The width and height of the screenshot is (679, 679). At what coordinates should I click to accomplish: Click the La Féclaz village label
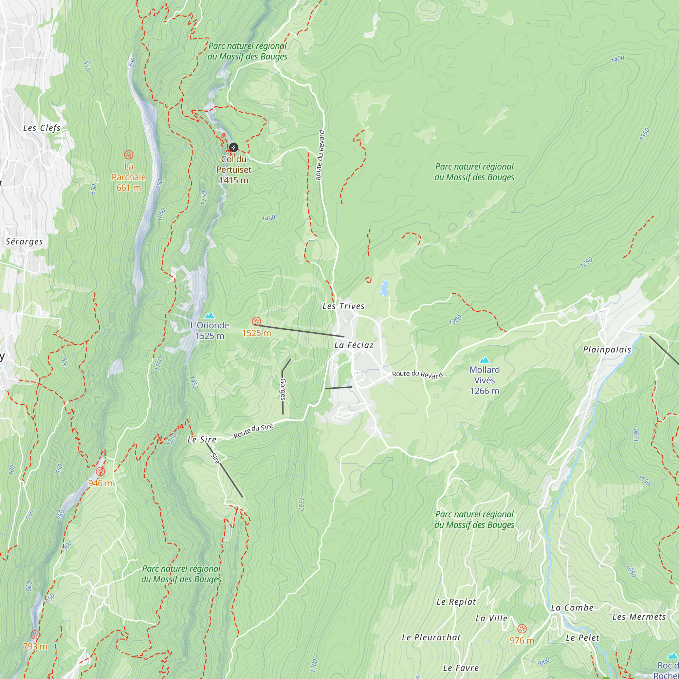[x=353, y=345]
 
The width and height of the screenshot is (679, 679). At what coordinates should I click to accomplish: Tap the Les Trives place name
[x=343, y=306]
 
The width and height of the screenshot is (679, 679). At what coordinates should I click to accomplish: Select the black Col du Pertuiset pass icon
[x=233, y=147]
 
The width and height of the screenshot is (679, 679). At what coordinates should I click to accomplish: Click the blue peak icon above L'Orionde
[x=209, y=315]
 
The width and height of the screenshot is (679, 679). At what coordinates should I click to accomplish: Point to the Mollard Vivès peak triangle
[x=484, y=360]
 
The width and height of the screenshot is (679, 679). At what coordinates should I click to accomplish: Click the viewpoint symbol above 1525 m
[x=257, y=321]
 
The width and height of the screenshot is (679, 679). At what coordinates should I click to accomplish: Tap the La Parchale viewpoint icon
[x=129, y=154]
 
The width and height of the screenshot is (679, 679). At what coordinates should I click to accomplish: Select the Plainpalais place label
[x=607, y=350]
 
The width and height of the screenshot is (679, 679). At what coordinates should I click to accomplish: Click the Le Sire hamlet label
[x=202, y=439]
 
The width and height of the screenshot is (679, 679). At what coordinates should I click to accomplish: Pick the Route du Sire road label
[x=253, y=431]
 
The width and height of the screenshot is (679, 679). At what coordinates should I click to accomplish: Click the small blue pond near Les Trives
[x=385, y=289]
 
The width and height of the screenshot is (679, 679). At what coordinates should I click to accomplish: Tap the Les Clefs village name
[x=42, y=128]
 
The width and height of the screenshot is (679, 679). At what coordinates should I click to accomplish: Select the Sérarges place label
[x=24, y=241]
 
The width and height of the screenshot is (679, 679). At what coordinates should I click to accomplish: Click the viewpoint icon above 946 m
[x=100, y=472]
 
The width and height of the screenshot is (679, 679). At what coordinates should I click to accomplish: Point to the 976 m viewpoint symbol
[x=522, y=629]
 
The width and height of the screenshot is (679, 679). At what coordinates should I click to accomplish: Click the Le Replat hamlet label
[x=456, y=602]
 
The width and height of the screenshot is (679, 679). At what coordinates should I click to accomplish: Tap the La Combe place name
[x=572, y=608]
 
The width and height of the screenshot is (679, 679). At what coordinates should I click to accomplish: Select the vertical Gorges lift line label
[x=283, y=389]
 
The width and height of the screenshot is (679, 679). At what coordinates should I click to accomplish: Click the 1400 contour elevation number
[x=618, y=59]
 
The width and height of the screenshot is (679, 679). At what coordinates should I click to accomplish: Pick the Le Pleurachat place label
[x=431, y=638]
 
